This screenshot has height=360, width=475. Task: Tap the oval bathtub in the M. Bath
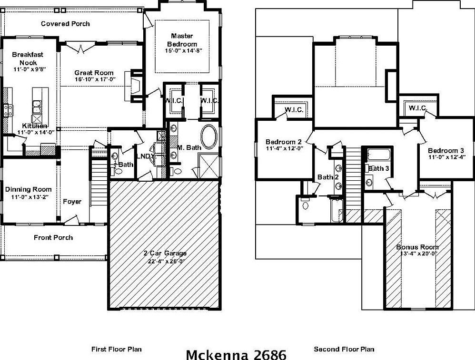click(x=208, y=137)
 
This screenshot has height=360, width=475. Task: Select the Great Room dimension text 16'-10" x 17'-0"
click(x=94, y=79)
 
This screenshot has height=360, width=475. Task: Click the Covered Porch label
click(x=65, y=24)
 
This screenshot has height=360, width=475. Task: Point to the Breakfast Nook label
click(x=28, y=58)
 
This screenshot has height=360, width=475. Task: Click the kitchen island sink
click(x=37, y=106)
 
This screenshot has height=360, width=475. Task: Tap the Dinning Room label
click(x=28, y=189)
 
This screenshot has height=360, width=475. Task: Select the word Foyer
click(x=72, y=202)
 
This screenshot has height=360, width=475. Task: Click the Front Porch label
click(x=53, y=237)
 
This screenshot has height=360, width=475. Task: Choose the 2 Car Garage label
click(x=166, y=253)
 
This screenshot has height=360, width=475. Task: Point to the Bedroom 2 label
click(x=284, y=142)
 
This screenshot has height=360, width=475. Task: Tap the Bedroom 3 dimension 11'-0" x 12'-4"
click(x=446, y=157)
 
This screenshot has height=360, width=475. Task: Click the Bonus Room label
click(x=417, y=247)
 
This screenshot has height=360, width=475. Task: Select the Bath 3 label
click(x=379, y=168)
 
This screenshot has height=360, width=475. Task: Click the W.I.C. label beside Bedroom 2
click(x=294, y=110)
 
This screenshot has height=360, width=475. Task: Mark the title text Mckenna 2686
click(x=236, y=354)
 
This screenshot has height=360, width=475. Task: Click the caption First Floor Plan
click(x=116, y=349)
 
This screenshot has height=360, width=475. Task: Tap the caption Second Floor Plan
click(x=344, y=349)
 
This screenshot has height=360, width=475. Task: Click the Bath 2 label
click(x=327, y=177)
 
